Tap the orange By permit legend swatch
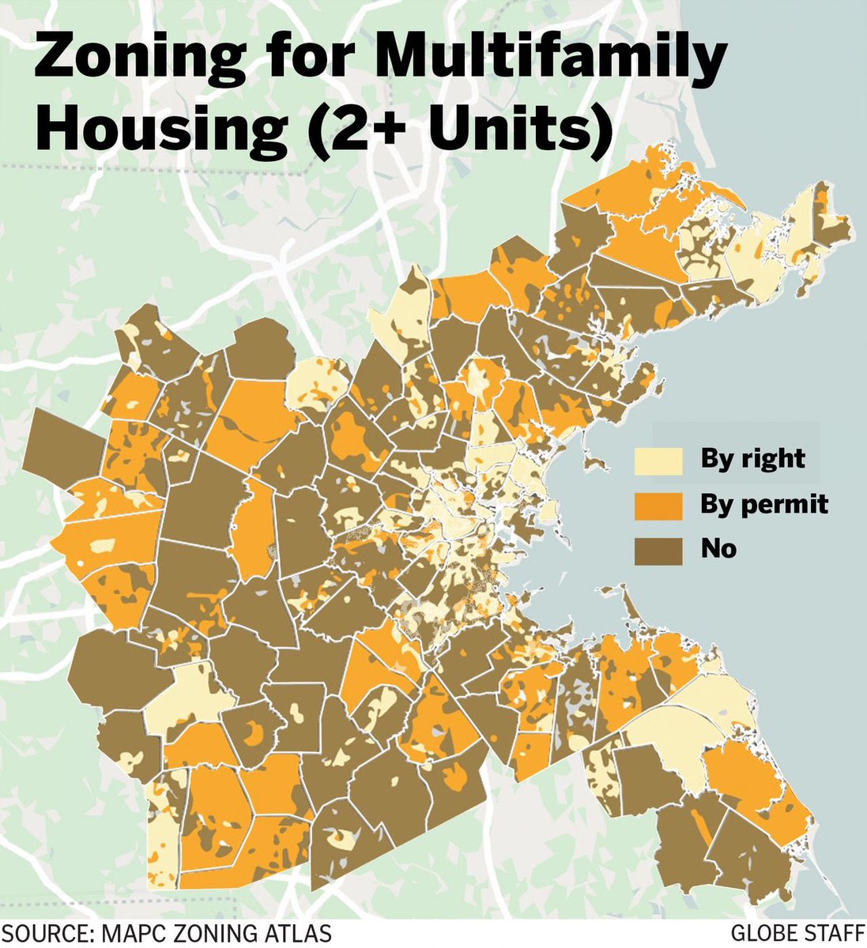click(658, 506)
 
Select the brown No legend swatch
click(658, 549)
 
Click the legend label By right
click(752, 459)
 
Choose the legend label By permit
click(764, 504)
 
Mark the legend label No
click(718, 548)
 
